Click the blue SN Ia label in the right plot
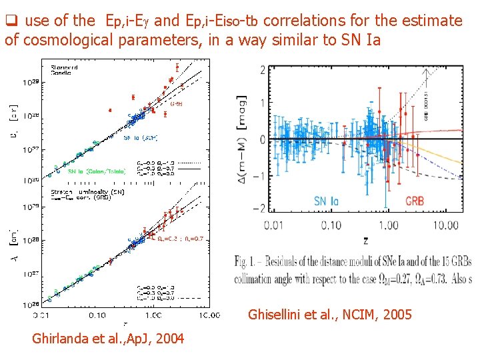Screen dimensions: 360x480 (x=329, y=201)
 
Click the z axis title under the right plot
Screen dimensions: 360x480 (x=365, y=239)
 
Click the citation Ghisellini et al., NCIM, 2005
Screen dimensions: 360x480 (x=329, y=314)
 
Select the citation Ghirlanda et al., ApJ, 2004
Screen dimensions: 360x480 (x=108, y=339)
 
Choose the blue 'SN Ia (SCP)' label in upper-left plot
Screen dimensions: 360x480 (x=139, y=137)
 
